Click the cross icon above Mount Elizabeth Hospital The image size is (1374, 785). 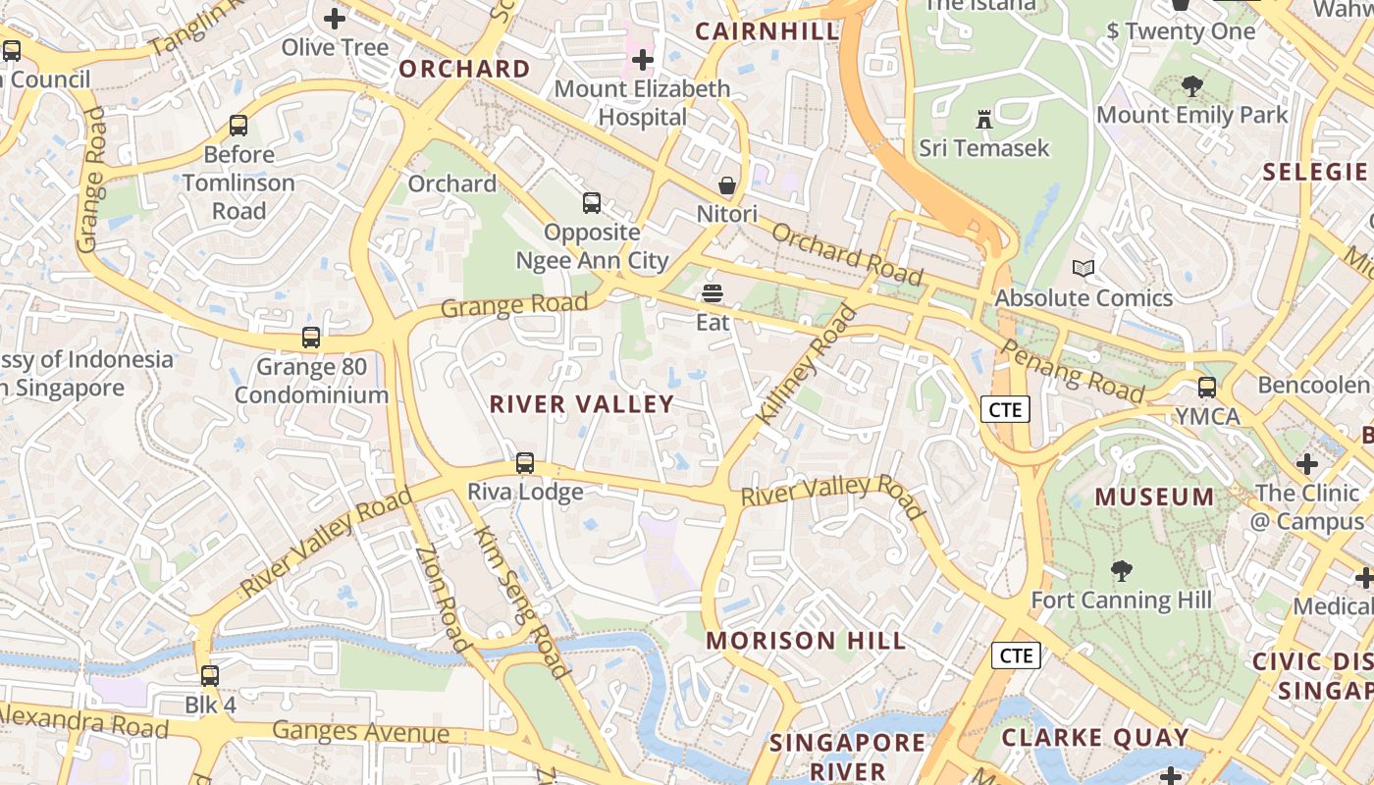[643, 60]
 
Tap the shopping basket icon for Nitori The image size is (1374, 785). [727, 185]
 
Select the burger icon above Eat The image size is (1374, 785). [713, 293]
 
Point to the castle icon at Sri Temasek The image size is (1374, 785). [983, 120]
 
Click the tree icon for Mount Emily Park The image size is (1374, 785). [1191, 86]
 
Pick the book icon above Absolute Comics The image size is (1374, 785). [1083, 269]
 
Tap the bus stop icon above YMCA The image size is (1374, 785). [1207, 388]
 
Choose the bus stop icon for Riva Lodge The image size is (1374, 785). [525, 463]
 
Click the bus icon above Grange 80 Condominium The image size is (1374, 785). [311, 338]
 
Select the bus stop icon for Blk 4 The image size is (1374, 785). [210, 676]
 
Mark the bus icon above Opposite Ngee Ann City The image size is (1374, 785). [592, 203]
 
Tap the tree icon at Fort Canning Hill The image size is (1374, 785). [1121, 571]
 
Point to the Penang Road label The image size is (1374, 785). [1072, 371]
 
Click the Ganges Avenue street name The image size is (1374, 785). [360, 732]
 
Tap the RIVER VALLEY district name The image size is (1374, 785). [582, 404]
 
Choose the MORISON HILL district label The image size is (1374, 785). [806, 642]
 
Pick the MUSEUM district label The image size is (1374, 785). [1154, 497]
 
